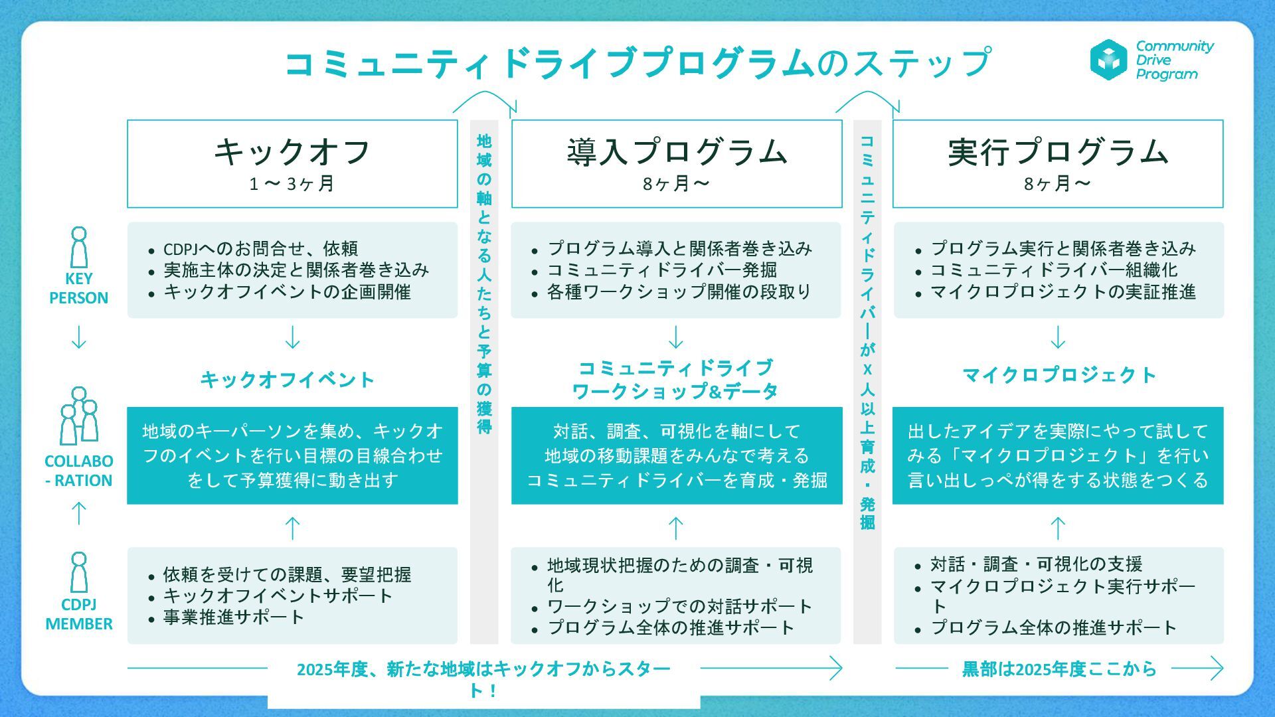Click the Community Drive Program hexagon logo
(1108, 60)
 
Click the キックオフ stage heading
(292, 151)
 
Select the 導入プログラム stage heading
(677, 151)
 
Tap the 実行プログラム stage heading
(1058, 151)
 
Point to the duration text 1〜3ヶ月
(292, 183)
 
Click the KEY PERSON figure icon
(79, 247)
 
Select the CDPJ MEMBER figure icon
(79, 572)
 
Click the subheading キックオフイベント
(288, 380)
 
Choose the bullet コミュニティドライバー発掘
(661, 270)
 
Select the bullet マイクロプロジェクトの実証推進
(1062, 292)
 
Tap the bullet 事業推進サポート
(234, 617)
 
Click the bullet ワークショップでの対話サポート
(679, 606)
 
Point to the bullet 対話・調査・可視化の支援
(1036, 564)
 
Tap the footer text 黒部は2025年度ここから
(1059, 669)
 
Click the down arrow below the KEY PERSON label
(79, 337)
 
